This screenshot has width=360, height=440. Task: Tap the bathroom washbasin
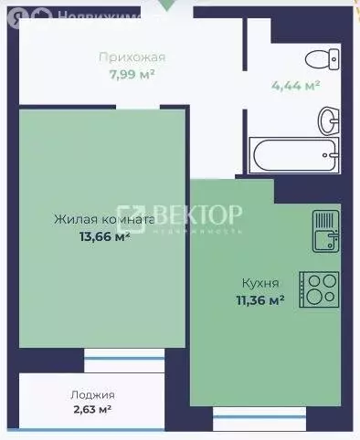pos(326,120)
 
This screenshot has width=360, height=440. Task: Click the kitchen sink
pos(325,230)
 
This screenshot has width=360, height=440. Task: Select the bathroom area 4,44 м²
pos(294,87)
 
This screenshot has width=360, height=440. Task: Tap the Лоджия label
pos(92,394)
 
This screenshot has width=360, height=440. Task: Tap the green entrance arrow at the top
pos(164,4)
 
